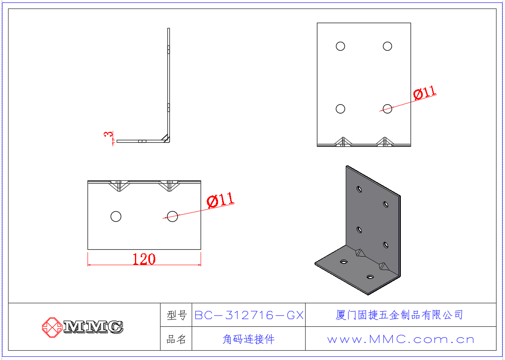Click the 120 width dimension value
144,259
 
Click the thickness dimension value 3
108,134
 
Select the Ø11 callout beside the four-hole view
424,92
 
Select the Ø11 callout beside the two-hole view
220,200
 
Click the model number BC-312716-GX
249,315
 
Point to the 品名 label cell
176,339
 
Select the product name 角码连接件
249,339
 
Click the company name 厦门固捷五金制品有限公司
399,315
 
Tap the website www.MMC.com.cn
400,339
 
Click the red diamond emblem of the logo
52,327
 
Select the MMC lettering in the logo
93,327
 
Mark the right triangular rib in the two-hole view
169,186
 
